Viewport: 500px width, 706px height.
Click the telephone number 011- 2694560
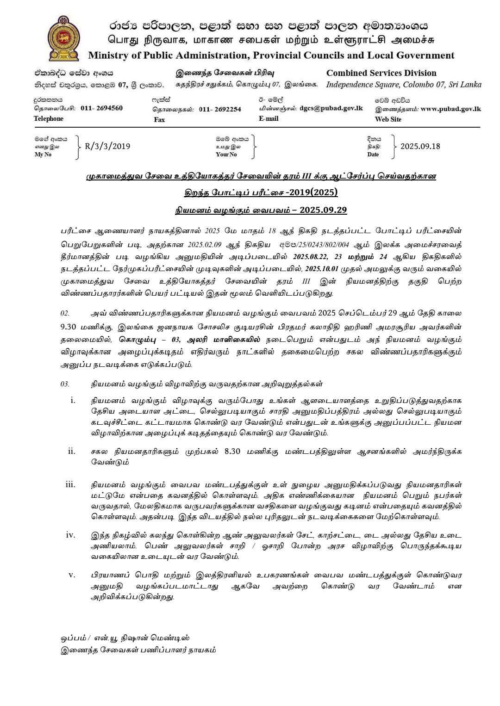(x=101, y=108)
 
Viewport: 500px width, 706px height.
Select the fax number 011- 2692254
(x=220, y=109)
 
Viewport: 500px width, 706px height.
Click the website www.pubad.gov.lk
(x=451, y=109)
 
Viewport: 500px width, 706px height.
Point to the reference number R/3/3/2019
(x=107, y=146)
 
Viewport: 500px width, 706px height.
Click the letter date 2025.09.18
(x=420, y=146)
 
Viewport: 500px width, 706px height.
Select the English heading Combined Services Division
(x=381, y=73)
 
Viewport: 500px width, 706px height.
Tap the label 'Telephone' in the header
(x=49, y=119)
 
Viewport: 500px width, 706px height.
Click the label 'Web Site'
(x=388, y=119)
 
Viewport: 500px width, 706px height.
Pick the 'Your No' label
(x=226, y=155)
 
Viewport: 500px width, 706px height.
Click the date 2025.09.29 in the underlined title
(x=323, y=210)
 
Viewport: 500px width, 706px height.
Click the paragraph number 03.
(x=65, y=384)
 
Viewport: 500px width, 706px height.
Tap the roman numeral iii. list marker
(x=70, y=484)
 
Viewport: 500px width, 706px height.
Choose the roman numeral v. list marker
(x=72, y=575)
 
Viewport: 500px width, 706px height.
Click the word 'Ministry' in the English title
(x=108, y=56)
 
